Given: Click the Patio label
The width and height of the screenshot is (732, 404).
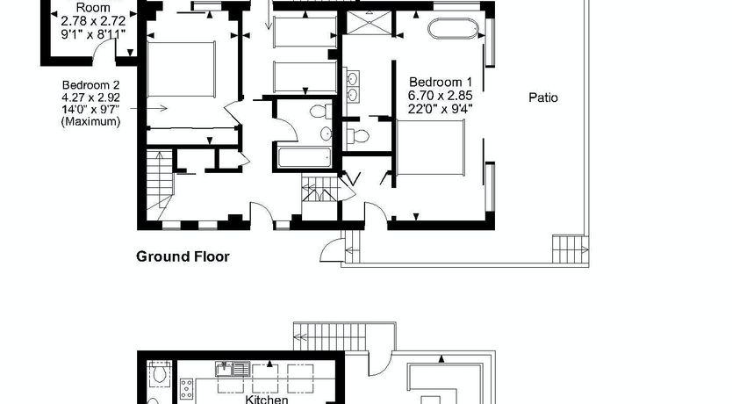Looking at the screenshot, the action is point(543,97).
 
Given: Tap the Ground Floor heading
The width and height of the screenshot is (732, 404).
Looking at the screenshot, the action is point(183,256).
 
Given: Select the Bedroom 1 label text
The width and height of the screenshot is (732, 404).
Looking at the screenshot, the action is point(441,83).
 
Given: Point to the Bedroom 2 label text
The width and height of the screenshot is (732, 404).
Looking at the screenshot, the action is point(91,85).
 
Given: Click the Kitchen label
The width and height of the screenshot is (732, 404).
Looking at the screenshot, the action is point(267,400).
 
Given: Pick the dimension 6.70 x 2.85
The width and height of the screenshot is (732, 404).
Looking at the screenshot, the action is point(441,95).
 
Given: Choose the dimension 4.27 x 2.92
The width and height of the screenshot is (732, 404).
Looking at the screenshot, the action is point(91,97).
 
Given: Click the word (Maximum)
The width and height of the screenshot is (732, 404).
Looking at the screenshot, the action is point(91,121).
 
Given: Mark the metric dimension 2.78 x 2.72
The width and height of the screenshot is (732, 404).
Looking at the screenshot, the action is point(93,21).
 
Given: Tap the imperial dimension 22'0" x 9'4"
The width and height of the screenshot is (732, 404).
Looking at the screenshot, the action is point(441,109).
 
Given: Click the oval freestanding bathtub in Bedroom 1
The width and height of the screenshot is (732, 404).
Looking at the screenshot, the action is point(453,28).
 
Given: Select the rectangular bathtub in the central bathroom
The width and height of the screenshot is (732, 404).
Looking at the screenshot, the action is point(305,157).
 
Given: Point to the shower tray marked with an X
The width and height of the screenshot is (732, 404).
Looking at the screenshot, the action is point(370,23).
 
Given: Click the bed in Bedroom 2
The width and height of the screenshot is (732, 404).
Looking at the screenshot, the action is point(181,69).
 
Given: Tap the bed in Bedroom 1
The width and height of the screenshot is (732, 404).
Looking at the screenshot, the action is point(430,148).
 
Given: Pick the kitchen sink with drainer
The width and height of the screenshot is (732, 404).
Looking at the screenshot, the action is point(233,370).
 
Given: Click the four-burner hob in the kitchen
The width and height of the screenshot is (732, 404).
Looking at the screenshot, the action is point(187,388).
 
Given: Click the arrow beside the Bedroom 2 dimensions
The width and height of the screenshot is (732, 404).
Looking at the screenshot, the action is point(148,108).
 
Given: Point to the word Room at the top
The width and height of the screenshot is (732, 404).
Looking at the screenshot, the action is point(93,8).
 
